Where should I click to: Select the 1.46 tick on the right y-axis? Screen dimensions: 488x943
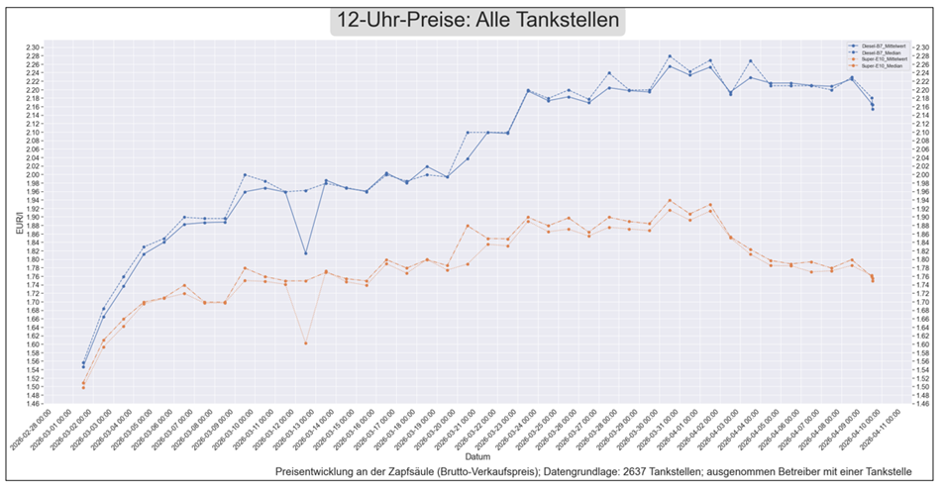(918, 404)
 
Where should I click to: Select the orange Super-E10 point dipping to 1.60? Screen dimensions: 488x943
(305, 343)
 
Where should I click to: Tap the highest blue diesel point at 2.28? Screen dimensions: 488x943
(670, 56)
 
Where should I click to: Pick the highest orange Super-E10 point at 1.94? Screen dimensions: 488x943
(670, 201)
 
